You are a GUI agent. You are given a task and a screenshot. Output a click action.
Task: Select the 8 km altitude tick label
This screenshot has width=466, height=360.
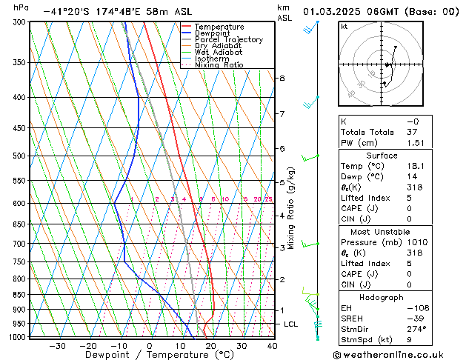[282, 78]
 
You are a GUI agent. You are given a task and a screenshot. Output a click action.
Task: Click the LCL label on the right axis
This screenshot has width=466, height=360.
[292, 324]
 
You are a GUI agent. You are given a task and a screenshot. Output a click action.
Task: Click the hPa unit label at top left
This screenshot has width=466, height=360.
[21, 7]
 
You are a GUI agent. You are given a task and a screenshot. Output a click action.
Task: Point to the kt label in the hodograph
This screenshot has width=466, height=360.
[344, 26]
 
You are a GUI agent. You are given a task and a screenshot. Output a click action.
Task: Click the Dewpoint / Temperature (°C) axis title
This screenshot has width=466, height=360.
[149, 355]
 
